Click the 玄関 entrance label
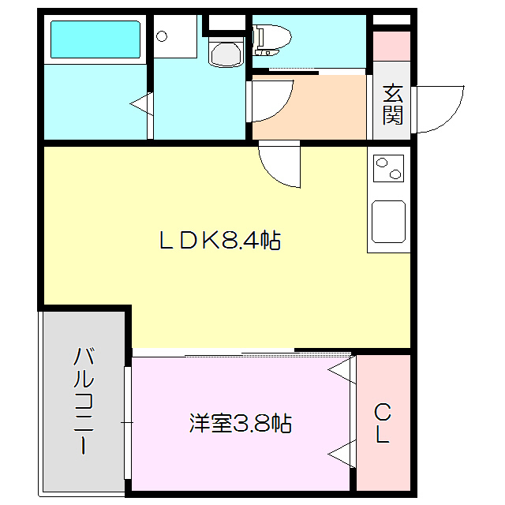pyautogui.click(x=393, y=105)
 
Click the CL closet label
pyautogui.click(x=383, y=423)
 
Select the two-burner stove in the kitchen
pyautogui.click(x=387, y=169)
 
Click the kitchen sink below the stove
pyautogui.click(x=387, y=221)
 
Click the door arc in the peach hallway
pyautogui.click(x=270, y=101)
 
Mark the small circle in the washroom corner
pyautogui.click(x=162, y=36)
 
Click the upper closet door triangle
pyautogui.click(x=341, y=371)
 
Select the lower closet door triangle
pyautogui.click(x=341, y=454)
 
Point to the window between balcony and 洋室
pyautogui.click(x=127, y=423)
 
